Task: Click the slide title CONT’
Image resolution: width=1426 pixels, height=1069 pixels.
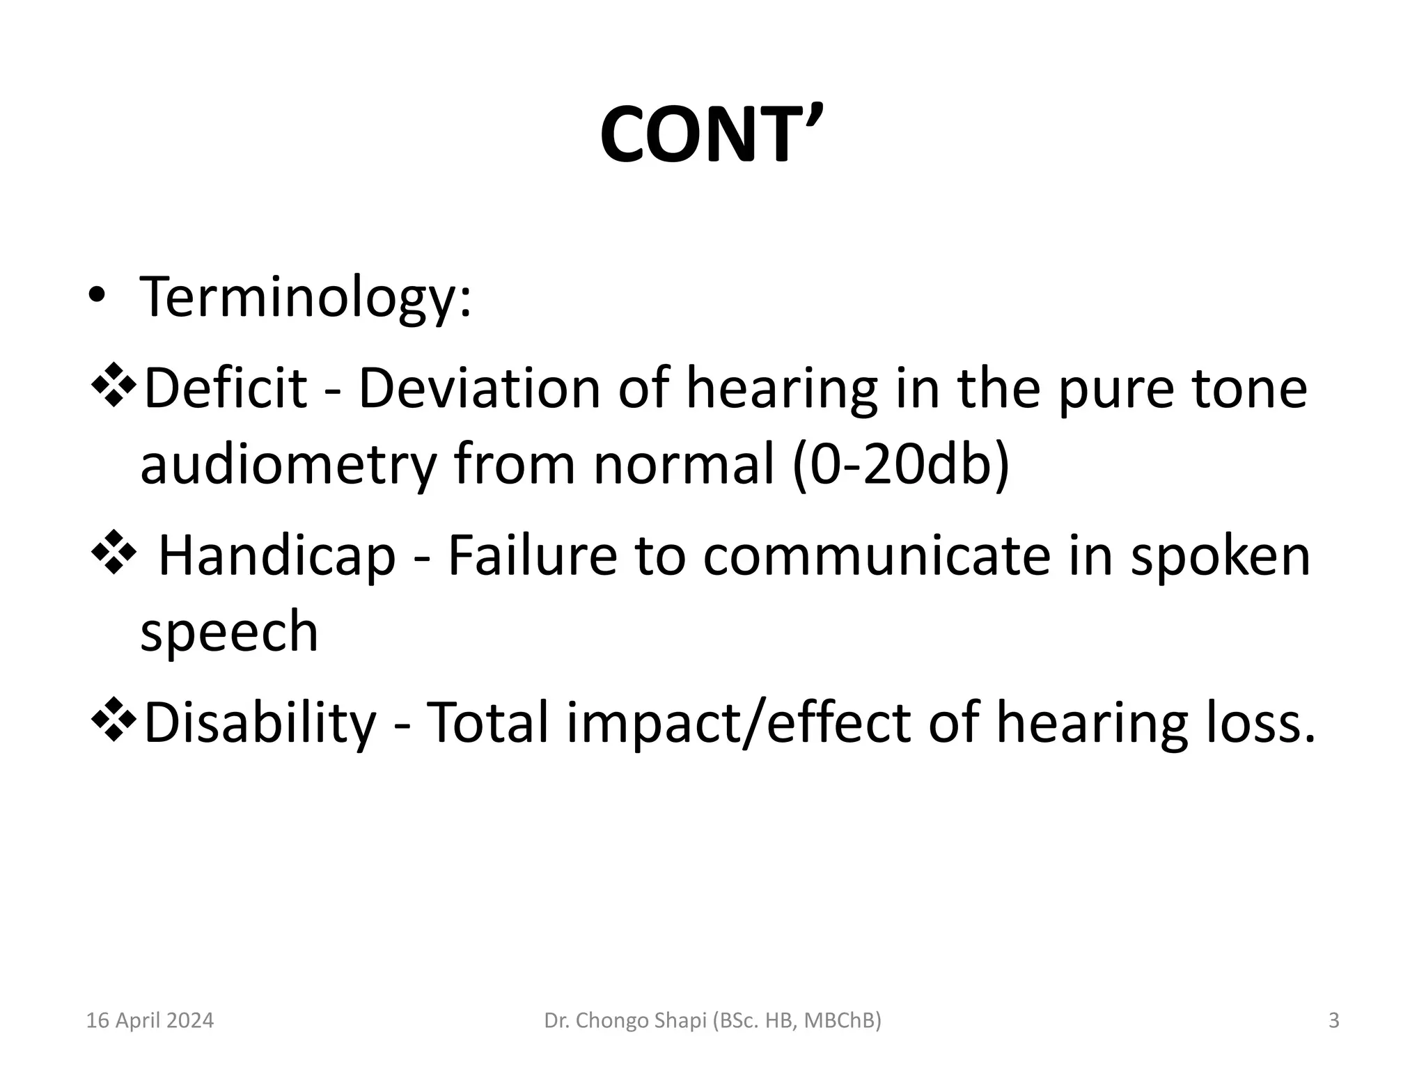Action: pos(712,134)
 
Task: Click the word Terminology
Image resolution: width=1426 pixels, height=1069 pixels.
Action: pos(305,297)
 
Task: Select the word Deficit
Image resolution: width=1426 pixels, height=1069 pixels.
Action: pos(225,388)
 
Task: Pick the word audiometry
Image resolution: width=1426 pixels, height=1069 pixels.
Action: pos(288,464)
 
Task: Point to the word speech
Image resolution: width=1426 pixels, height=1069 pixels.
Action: pos(229,631)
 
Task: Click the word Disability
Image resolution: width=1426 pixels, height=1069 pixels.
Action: pos(260,722)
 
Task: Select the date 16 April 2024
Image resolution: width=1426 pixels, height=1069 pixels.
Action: pos(150,1020)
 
